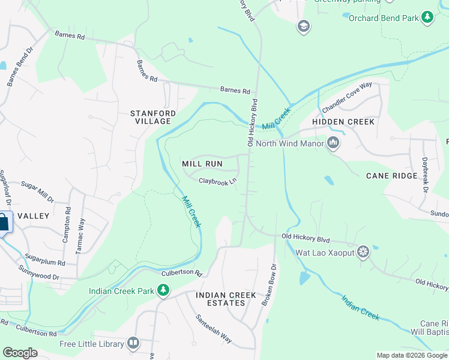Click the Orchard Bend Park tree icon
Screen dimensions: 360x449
point(427,18)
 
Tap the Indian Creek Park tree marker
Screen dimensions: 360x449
point(163,291)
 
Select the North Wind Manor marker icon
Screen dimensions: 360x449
point(333,143)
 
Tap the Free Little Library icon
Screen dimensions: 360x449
point(133,344)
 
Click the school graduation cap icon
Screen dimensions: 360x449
point(303,26)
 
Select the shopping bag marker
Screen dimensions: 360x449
point(3,223)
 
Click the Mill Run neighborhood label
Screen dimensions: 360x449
point(202,164)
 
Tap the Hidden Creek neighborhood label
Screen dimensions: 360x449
point(343,122)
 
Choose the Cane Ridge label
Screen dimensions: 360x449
point(391,176)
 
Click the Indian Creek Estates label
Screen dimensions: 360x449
point(221,299)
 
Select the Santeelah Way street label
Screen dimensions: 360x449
point(213,329)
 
